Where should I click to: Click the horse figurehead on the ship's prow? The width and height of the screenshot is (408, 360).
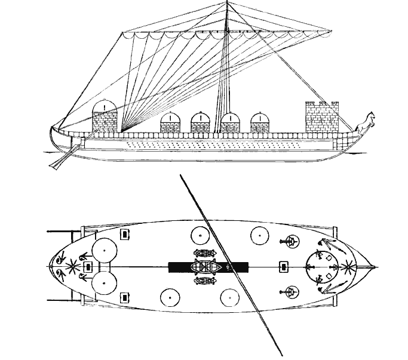(x=364, y=122)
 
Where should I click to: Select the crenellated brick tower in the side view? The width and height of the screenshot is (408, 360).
(x=321, y=118)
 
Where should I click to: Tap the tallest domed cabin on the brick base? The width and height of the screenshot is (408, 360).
(x=105, y=116)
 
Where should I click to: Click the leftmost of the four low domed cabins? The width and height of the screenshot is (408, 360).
(x=171, y=123)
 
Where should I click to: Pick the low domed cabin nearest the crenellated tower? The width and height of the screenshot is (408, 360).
(x=260, y=123)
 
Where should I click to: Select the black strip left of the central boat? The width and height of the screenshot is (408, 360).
(x=179, y=266)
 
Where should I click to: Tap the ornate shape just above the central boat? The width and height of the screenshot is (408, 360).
(x=205, y=253)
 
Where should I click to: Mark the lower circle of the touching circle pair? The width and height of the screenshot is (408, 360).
(x=104, y=283)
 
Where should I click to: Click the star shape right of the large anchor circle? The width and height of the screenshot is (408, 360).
(x=348, y=266)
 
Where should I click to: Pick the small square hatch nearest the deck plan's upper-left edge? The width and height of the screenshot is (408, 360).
(x=125, y=234)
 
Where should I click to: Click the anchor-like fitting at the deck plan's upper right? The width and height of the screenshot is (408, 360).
(x=289, y=241)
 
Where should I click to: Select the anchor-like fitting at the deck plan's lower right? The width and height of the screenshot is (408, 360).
(x=289, y=292)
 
